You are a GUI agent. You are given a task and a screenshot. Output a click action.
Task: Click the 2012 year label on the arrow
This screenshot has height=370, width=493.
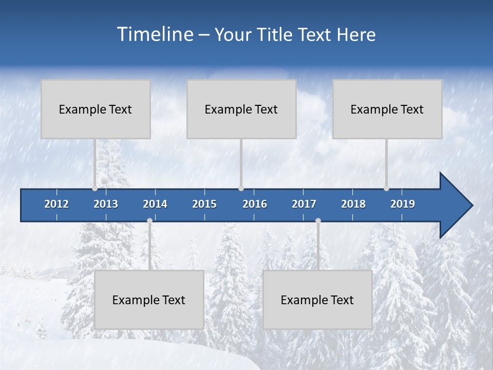coord(56,204)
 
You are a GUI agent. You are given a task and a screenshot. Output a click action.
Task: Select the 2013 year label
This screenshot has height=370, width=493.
coord(106,204)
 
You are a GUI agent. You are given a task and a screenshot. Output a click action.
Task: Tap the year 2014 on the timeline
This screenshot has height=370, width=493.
coord(155,204)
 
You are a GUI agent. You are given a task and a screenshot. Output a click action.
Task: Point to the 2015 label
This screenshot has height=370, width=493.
coord(204,204)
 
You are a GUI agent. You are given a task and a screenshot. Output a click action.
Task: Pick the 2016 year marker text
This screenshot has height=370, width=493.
coord(255,204)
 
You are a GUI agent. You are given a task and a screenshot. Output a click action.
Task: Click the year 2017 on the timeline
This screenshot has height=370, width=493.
coord(304,204)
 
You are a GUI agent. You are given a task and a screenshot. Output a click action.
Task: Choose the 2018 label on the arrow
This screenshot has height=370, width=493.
coord(353,204)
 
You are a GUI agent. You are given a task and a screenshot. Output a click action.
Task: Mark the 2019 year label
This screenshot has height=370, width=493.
coord(403,204)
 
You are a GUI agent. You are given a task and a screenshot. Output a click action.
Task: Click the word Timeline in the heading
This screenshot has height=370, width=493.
coord(155,34)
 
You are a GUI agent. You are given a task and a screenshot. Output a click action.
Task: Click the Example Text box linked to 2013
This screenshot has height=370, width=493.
coord(96,109)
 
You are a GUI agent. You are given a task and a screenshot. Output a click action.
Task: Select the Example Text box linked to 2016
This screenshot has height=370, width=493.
coord(241,109)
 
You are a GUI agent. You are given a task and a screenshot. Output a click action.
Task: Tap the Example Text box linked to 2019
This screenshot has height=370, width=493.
coord(387,109)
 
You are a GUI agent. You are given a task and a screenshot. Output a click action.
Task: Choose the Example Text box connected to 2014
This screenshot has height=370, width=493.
coord(149,300)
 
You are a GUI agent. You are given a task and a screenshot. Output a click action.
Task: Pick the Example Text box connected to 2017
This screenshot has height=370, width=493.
coord(317,300)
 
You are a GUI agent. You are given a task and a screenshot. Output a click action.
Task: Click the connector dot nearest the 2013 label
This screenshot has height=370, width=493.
coord(95,189)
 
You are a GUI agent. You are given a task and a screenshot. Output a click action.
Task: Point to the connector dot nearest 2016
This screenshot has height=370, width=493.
coord(241,189)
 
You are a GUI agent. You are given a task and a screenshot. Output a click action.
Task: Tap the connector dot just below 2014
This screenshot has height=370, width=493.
coord(149,221)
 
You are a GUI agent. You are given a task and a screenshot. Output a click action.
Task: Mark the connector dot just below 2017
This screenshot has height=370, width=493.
coord(318,221)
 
